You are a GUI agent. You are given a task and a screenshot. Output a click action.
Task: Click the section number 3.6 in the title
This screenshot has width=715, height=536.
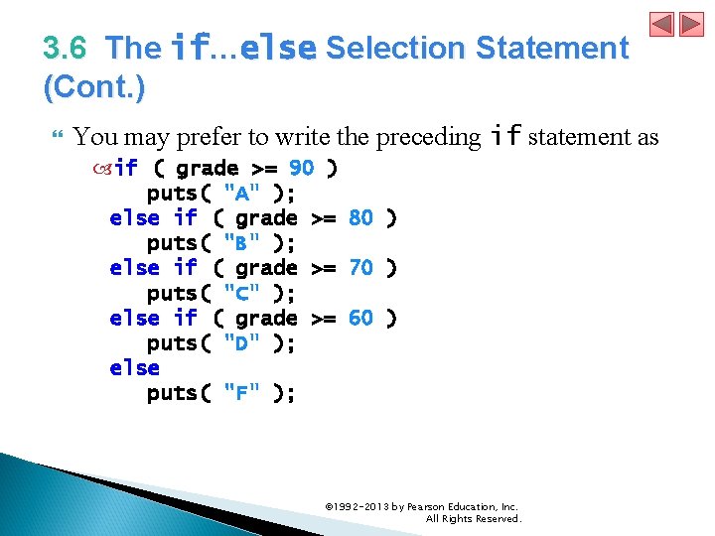click(x=65, y=48)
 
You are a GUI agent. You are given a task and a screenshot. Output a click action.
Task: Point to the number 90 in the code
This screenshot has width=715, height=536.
click(x=301, y=168)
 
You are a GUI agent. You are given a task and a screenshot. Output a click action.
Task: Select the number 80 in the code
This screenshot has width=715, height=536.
click(x=360, y=217)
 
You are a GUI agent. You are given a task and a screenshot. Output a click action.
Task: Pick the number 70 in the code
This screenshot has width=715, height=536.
click(x=360, y=268)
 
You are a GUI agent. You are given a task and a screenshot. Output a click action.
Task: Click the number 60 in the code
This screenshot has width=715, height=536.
click(x=360, y=318)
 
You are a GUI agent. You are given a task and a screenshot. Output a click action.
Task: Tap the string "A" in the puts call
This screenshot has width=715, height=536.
click(x=242, y=193)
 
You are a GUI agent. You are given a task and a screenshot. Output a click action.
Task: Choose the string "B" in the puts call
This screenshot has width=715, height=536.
click(x=242, y=243)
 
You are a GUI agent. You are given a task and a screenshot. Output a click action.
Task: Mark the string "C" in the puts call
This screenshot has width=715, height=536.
click(x=242, y=293)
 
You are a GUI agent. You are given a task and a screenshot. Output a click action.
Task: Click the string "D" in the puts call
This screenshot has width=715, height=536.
click(x=242, y=343)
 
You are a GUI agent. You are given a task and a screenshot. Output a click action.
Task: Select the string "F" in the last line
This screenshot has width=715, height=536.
click(x=242, y=393)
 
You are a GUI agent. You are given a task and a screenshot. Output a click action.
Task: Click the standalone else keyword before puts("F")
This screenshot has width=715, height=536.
click(x=134, y=368)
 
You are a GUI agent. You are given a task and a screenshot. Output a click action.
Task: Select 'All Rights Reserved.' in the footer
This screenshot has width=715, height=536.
click(x=473, y=518)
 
